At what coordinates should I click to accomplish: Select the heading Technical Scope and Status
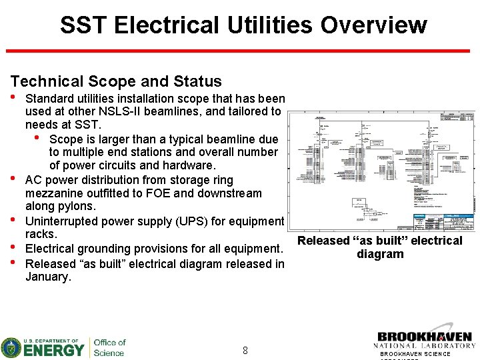[x=116, y=81]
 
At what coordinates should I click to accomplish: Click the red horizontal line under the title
[x=242, y=51]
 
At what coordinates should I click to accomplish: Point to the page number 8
[x=245, y=350]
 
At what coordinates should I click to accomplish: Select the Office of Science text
[x=109, y=347]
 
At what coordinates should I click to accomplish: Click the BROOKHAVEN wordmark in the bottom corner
[x=424, y=337]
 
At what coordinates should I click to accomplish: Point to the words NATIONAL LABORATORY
[x=424, y=346]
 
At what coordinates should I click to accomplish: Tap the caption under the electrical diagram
[x=380, y=247]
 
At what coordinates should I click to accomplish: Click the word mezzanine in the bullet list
[x=54, y=193]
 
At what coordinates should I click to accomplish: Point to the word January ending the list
[x=47, y=277]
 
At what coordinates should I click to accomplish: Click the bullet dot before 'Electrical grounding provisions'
[x=13, y=248]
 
